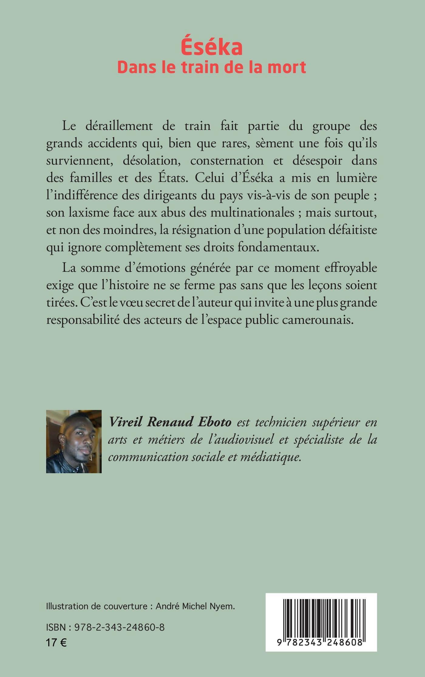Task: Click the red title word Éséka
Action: tap(212, 48)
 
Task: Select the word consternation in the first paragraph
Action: tap(227, 161)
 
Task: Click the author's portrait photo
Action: tap(74, 441)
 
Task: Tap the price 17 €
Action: tap(56, 642)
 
